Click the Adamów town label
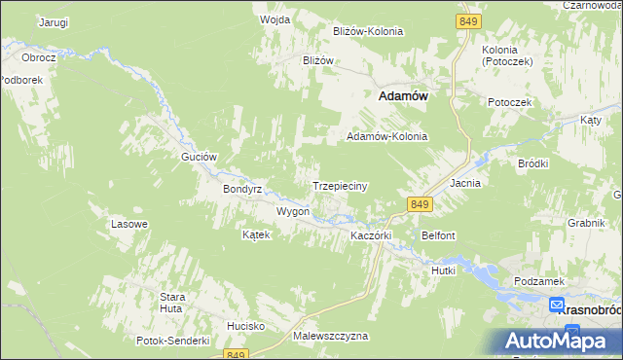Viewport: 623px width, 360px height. pos(403,96)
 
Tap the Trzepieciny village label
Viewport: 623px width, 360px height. pos(338,186)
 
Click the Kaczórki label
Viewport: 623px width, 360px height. pos(370,235)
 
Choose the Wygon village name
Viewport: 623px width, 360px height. pos(292,211)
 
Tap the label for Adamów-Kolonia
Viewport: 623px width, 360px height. pos(387,137)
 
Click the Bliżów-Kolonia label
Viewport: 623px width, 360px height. pos(368,31)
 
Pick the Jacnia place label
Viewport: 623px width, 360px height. pos(465,183)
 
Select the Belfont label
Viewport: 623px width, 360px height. pos(438,235)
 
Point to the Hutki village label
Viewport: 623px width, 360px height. pos(443,270)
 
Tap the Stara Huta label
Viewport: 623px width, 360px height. pos(172,302)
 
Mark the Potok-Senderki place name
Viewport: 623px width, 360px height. pos(174,341)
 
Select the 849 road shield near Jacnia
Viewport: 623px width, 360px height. pos(420,203)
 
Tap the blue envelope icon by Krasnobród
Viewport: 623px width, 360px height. pos(556,305)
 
